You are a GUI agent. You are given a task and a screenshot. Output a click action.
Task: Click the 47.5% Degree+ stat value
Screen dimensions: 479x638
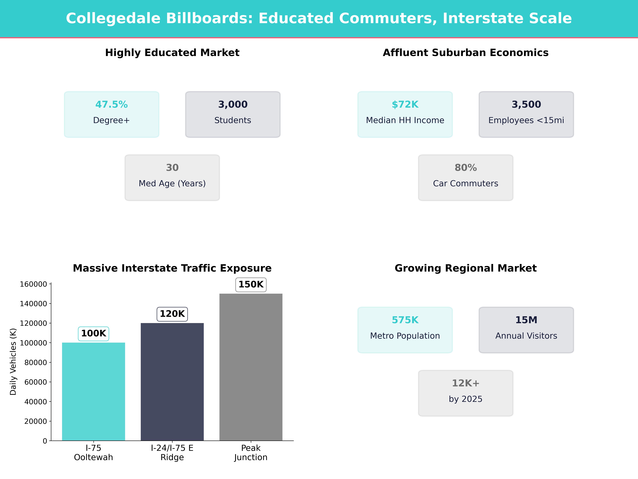pos(111,105)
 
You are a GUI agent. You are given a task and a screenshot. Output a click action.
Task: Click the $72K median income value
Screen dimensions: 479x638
pos(405,105)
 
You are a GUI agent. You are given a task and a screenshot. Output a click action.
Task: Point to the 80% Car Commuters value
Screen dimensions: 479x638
pos(465,168)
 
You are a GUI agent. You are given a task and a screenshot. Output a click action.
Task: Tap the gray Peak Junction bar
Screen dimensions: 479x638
pos(251,367)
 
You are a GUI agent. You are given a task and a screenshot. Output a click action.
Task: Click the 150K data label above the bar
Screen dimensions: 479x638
pos(251,284)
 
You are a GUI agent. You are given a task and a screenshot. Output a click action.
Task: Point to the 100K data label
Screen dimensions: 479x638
pos(93,333)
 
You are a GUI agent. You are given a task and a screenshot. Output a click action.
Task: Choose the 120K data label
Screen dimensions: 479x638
pos(172,314)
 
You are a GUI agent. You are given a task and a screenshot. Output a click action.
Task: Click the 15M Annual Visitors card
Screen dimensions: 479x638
pos(526,330)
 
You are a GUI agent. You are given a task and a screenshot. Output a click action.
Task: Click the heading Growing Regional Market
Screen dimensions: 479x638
pos(465,268)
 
